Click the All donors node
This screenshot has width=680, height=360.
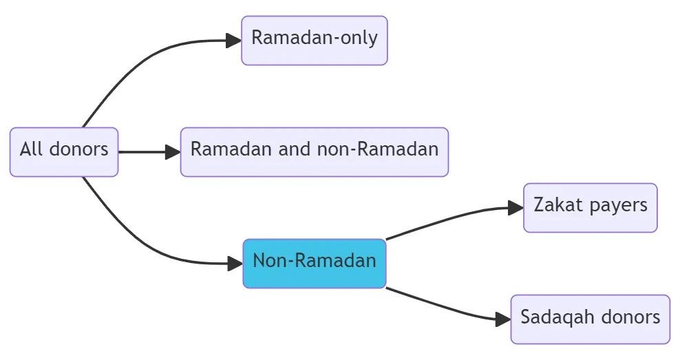pyautogui.click(x=64, y=151)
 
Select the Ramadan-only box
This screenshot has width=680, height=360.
pyautogui.click(x=315, y=40)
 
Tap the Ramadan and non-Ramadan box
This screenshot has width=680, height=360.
pyautogui.click(x=315, y=151)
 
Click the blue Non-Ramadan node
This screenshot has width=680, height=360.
pyautogui.click(x=315, y=263)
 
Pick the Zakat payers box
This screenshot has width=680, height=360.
pyautogui.click(x=590, y=207)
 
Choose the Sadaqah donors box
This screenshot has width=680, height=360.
pyautogui.click(x=590, y=319)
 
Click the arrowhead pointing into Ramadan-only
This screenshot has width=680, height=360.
pyautogui.click(x=234, y=40)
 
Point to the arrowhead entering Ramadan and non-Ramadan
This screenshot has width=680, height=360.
pyautogui.click(x=173, y=151)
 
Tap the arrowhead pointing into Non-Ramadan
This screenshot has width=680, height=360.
pyautogui.click(x=235, y=263)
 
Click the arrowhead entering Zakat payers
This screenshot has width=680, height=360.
pyautogui.click(x=516, y=207)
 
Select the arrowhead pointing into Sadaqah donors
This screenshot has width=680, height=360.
pyautogui.click(x=503, y=319)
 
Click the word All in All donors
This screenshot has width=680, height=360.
pyautogui.click(x=32, y=149)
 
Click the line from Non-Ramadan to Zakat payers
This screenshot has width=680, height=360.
pyautogui.click(x=447, y=219)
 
